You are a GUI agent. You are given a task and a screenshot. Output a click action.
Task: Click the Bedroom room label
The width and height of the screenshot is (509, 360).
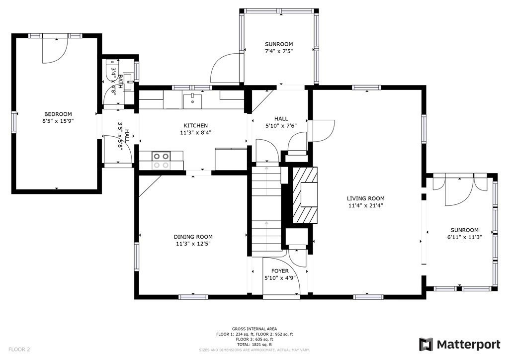[x=58, y=114]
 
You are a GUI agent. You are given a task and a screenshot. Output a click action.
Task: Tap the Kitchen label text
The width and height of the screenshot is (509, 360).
[x=195, y=126]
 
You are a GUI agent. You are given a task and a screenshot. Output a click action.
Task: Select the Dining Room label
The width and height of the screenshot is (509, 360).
[x=193, y=237]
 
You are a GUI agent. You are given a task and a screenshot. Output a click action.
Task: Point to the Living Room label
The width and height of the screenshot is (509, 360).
[x=365, y=198]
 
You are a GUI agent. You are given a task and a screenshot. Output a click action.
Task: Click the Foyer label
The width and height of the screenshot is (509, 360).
[x=280, y=271]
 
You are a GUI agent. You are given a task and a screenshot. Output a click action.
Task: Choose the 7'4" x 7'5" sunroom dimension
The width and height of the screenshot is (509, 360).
[x=279, y=51]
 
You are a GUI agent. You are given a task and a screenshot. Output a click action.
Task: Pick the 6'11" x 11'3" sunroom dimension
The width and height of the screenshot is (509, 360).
[x=464, y=237]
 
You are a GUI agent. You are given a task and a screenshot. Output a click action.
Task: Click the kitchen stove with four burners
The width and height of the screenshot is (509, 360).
[x=162, y=161]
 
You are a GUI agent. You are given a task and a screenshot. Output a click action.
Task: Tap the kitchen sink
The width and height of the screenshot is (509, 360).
[x=192, y=101]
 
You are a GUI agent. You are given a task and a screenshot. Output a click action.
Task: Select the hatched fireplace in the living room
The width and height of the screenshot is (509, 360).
[x=305, y=195]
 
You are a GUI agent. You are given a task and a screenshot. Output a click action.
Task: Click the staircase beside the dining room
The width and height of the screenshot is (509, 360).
[x=266, y=208]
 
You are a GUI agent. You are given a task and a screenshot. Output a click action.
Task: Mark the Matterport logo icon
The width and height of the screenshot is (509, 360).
[x=426, y=345]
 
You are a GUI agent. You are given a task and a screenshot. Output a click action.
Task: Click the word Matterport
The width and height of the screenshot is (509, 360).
[x=468, y=345]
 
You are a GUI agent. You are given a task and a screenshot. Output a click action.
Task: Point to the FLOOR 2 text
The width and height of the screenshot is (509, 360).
[x=19, y=350]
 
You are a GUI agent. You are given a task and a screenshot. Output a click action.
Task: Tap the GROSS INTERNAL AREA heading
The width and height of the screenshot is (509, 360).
[x=254, y=329]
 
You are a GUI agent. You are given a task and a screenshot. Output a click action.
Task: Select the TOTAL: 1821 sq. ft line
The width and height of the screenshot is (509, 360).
[x=254, y=345]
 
